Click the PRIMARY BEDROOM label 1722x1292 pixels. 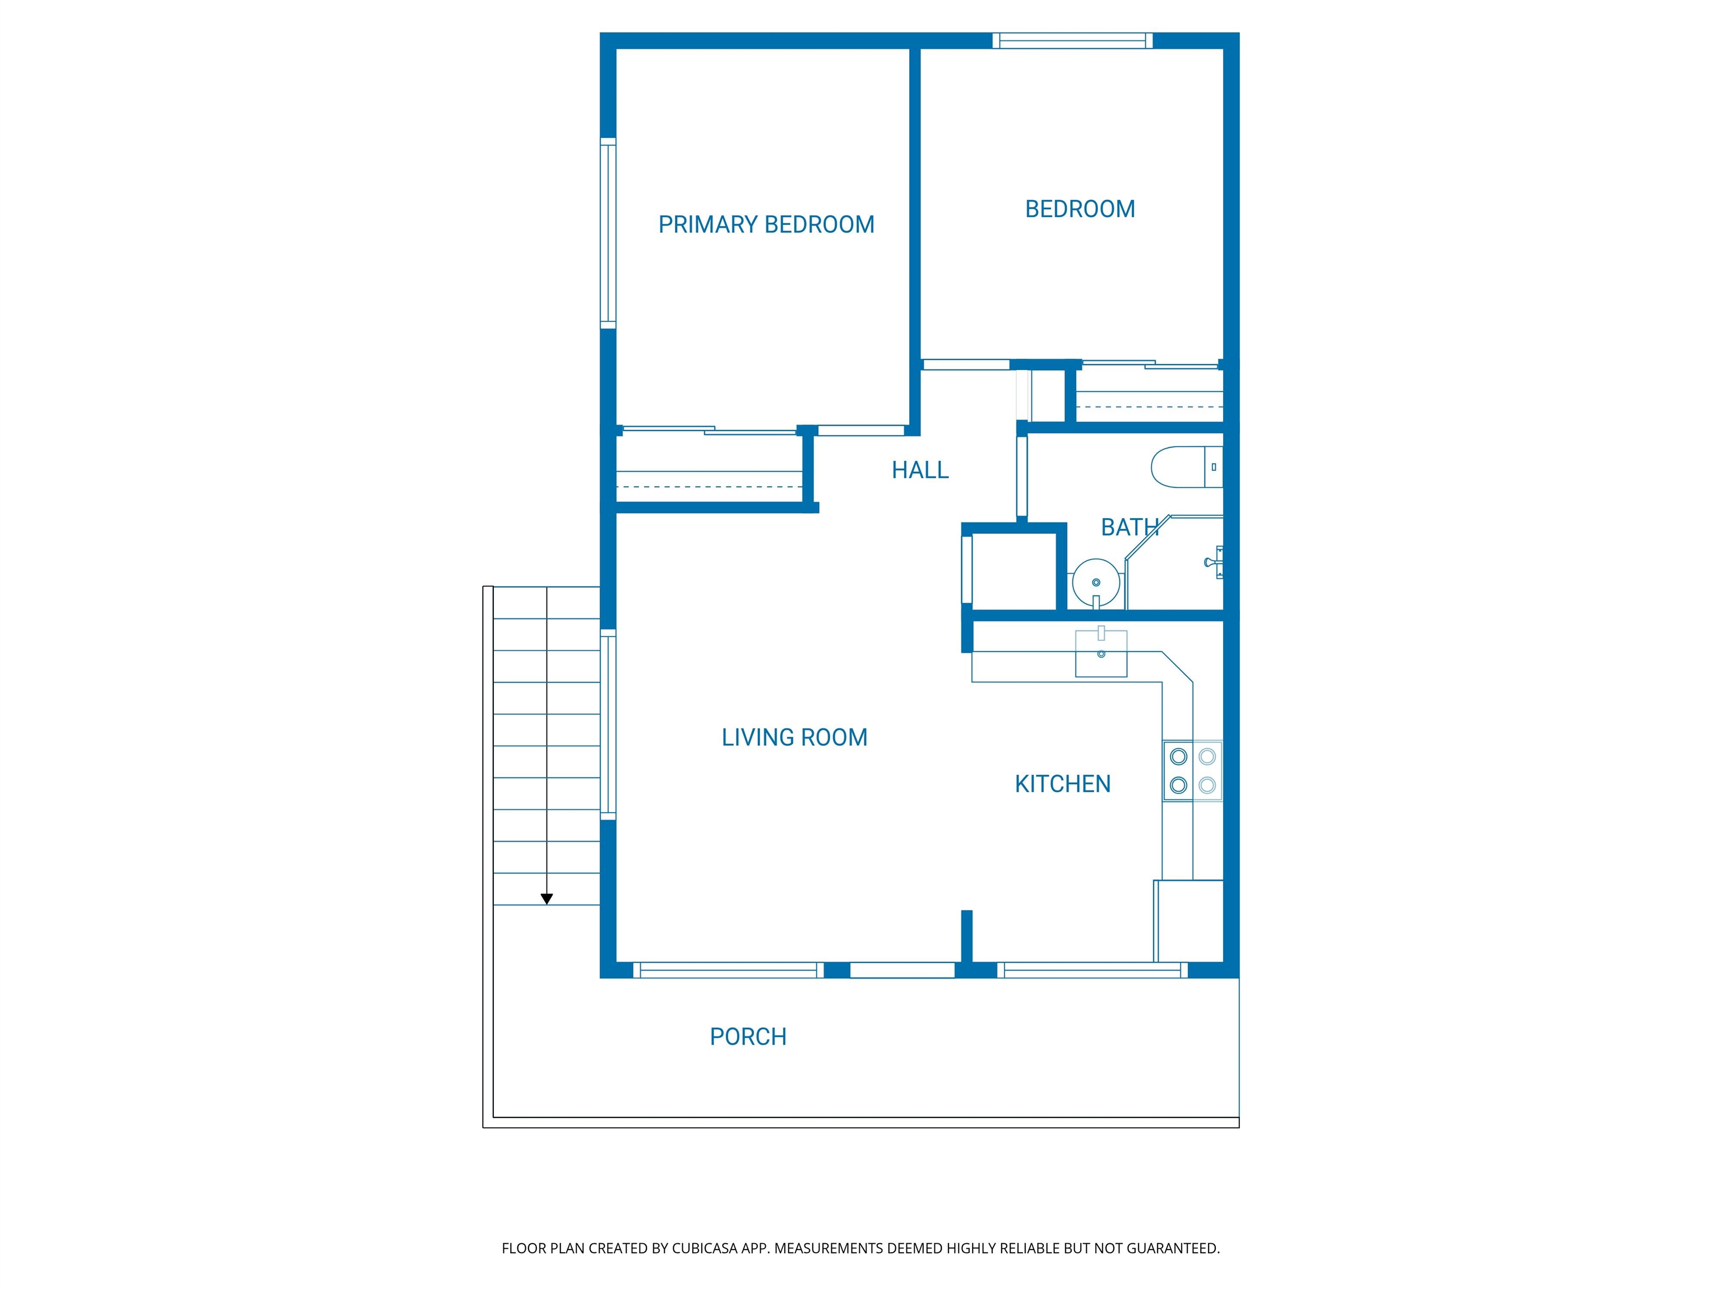pyautogui.click(x=766, y=224)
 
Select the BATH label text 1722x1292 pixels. pyautogui.click(x=1129, y=527)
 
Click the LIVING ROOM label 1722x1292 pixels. pyautogui.click(x=794, y=737)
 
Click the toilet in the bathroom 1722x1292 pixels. pyautogui.click(x=1186, y=467)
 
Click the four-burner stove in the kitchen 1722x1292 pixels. pyautogui.click(x=1192, y=770)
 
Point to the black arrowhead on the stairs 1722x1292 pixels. pyautogui.click(x=547, y=899)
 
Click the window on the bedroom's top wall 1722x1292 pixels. pyautogui.click(x=1072, y=40)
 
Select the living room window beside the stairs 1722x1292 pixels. pyautogui.click(x=608, y=725)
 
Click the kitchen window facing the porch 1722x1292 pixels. pyautogui.click(x=1092, y=970)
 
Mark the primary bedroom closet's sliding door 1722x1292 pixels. pyautogui.click(x=709, y=430)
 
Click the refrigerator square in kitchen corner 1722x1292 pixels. pyautogui.click(x=1189, y=921)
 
